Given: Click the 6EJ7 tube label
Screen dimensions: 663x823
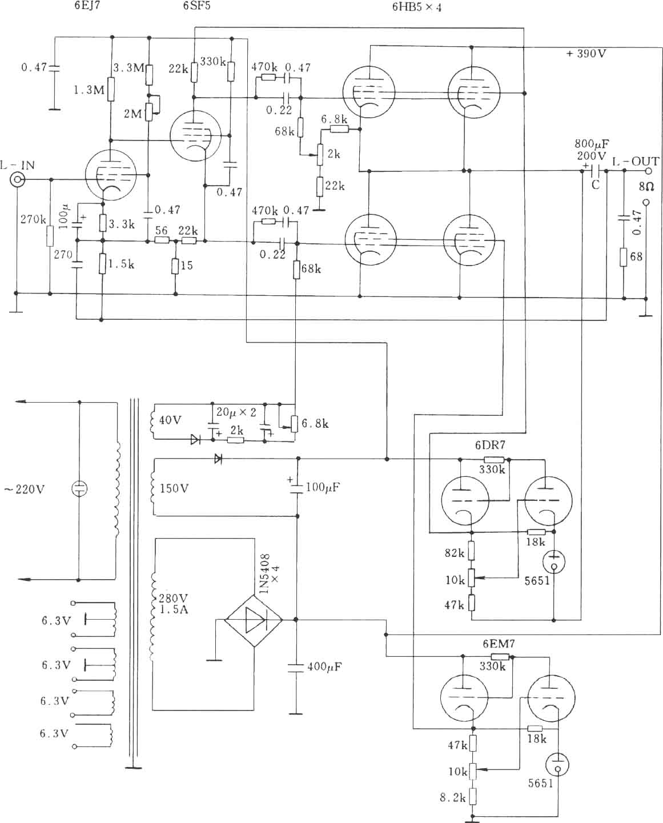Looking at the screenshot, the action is click(87, 6).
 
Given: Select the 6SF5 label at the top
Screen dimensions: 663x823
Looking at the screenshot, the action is click(196, 6).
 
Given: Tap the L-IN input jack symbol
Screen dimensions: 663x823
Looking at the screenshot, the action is click(17, 179).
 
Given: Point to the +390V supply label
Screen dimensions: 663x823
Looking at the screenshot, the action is click(586, 54).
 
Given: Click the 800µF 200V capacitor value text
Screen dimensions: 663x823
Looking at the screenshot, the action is click(592, 150).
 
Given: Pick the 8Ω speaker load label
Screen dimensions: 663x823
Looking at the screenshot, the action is click(646, 187).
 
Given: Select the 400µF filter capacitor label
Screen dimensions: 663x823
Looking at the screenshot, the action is click(324, 667).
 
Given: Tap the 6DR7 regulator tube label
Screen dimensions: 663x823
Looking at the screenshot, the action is click(490, 445).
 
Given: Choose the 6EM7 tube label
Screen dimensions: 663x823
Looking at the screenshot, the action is click(499, 644).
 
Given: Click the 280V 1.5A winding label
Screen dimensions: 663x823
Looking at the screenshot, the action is click(174, 604).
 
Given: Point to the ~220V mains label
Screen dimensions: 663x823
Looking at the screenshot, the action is click(24, 489).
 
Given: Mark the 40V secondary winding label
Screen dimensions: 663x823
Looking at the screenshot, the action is click(170, 420).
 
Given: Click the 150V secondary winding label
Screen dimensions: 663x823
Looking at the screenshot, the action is click(174, 488).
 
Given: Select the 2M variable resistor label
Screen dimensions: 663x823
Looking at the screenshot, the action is click(132, 114).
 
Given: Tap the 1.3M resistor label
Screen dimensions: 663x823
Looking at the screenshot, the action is click(89, 90).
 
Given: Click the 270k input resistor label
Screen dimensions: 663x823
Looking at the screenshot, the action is click(33, 219).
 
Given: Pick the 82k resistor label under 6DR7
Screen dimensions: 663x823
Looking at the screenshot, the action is click(454, 553).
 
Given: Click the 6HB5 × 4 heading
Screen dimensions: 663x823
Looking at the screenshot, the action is click(416, 7).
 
